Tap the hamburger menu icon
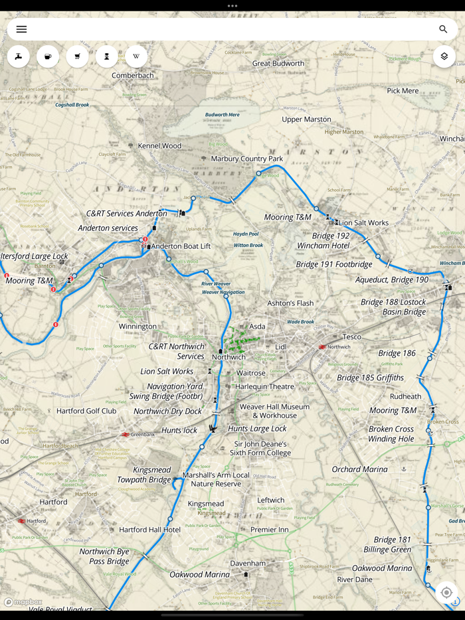(x=21, y=29)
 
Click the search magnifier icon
(x=443, y=29)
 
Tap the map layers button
(x=444, y=56)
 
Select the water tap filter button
(x=19, y=56)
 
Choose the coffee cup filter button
(x=48, y=56)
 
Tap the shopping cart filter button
(x=77, y=56)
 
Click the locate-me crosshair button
(x=446, y=592)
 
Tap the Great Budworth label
(x=278, y=64)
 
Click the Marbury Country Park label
(x=246, y=159)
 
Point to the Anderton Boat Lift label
(x=181, y=246)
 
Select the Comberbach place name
(x=132, y=76)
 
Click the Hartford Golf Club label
(x=86, y=411)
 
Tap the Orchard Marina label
(x=359, y=469)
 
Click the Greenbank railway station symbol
(x=125, y=435)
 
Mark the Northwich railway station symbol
(x=322, y=347)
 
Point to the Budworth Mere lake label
(x=222, y=115)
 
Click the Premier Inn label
(x=269, y=530)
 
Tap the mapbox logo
(x=23, y=602)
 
